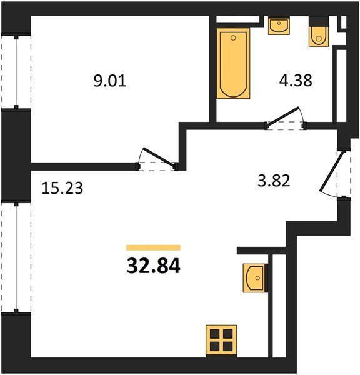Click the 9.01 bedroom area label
coord(110,81)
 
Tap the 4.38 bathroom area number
coord(296,81)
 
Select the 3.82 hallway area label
coord(274,181)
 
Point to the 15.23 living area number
coord(62,188)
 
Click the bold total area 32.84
coord(153,266)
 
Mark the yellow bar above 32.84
coord(153,247)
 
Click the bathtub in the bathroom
coord(233,63)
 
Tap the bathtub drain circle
coord(234,37)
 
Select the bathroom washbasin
coord(279,26)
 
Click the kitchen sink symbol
coord(255,278)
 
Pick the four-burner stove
coord(221,341)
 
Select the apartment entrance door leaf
coord(332,171)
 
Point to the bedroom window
coord(16,72)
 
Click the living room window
coord(16,257)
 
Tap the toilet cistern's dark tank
coord(319,21)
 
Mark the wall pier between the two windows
coord(16,155)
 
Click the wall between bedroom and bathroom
coord(212,69)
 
